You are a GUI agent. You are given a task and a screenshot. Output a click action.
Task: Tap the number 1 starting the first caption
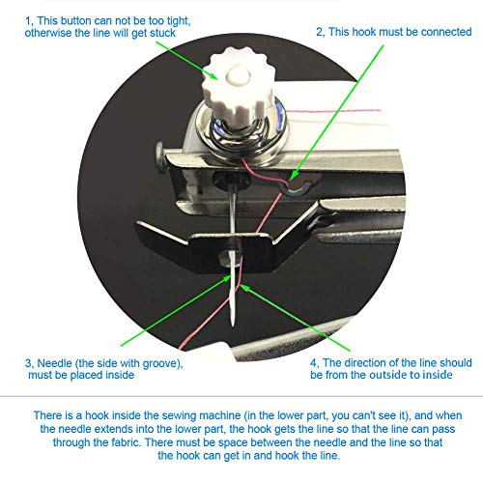click(30, 18)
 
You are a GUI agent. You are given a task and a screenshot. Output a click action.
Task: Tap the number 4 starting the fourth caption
click(313, 363)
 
